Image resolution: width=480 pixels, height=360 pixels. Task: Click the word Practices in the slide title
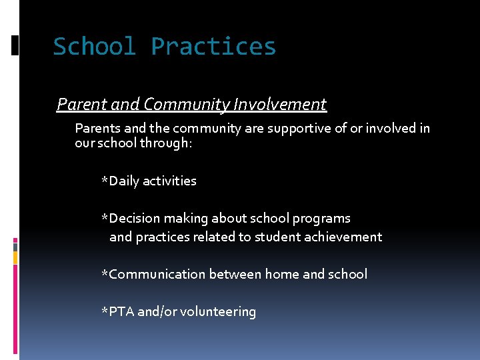tap(213, 47)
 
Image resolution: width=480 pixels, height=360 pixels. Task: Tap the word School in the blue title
tap(95, 47)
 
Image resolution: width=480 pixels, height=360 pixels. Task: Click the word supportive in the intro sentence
tap(298, 128)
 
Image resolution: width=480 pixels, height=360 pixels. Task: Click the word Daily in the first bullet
tap(124, 181)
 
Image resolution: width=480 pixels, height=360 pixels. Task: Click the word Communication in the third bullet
tap(157, 274)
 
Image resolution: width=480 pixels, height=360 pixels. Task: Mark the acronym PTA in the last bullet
tap(122, 311)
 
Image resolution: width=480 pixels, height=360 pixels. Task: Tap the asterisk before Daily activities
tap(104, 180)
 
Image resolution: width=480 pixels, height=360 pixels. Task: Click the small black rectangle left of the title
tap(15, 45)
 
